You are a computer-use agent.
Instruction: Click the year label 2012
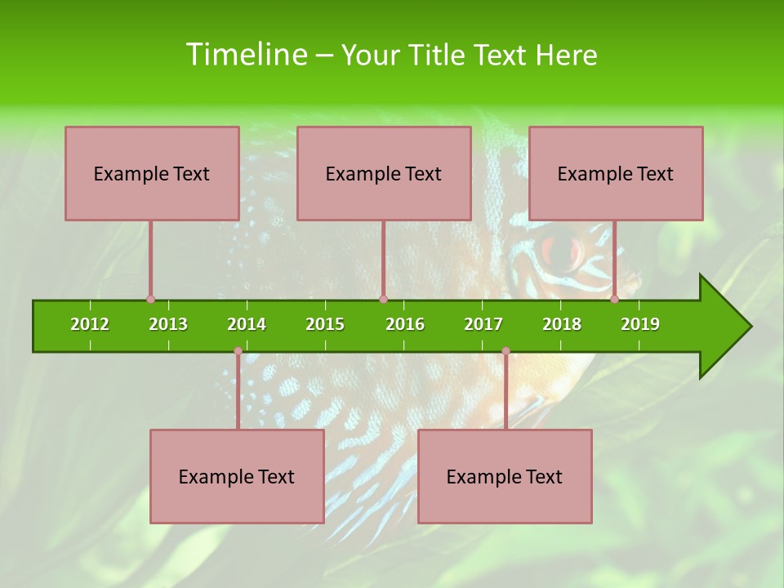point(90,324)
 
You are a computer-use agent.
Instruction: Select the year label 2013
point(168,324)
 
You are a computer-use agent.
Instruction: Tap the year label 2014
point(247,324)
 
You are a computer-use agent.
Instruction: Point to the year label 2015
point(325,324)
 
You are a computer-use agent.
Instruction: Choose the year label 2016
point(405,324)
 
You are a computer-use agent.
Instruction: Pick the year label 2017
point(483,324)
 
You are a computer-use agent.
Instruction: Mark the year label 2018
point(562,324)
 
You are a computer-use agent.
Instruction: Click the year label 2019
point(640,324)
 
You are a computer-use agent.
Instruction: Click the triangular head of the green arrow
point(723,327)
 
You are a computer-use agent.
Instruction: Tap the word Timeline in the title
point(246,55)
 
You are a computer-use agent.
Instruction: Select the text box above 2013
point(152,173)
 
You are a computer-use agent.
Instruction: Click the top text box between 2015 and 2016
point(384,173)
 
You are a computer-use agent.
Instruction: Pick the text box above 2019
point(616,173)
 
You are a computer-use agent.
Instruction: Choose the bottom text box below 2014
point(237,476)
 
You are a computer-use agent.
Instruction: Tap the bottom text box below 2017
point(505,476)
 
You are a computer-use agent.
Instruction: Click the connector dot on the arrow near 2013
point(150,300)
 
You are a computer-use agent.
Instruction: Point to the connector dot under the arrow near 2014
point(238,351)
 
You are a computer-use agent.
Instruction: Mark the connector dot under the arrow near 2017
point(506,351)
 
